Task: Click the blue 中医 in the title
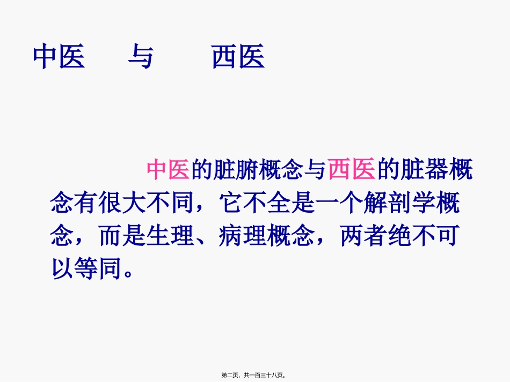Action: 59,57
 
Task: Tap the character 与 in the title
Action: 140,57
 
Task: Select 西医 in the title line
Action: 238,57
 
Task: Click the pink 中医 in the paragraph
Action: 168,170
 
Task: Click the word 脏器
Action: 419,170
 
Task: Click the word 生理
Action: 169,236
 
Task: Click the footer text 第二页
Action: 231,376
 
